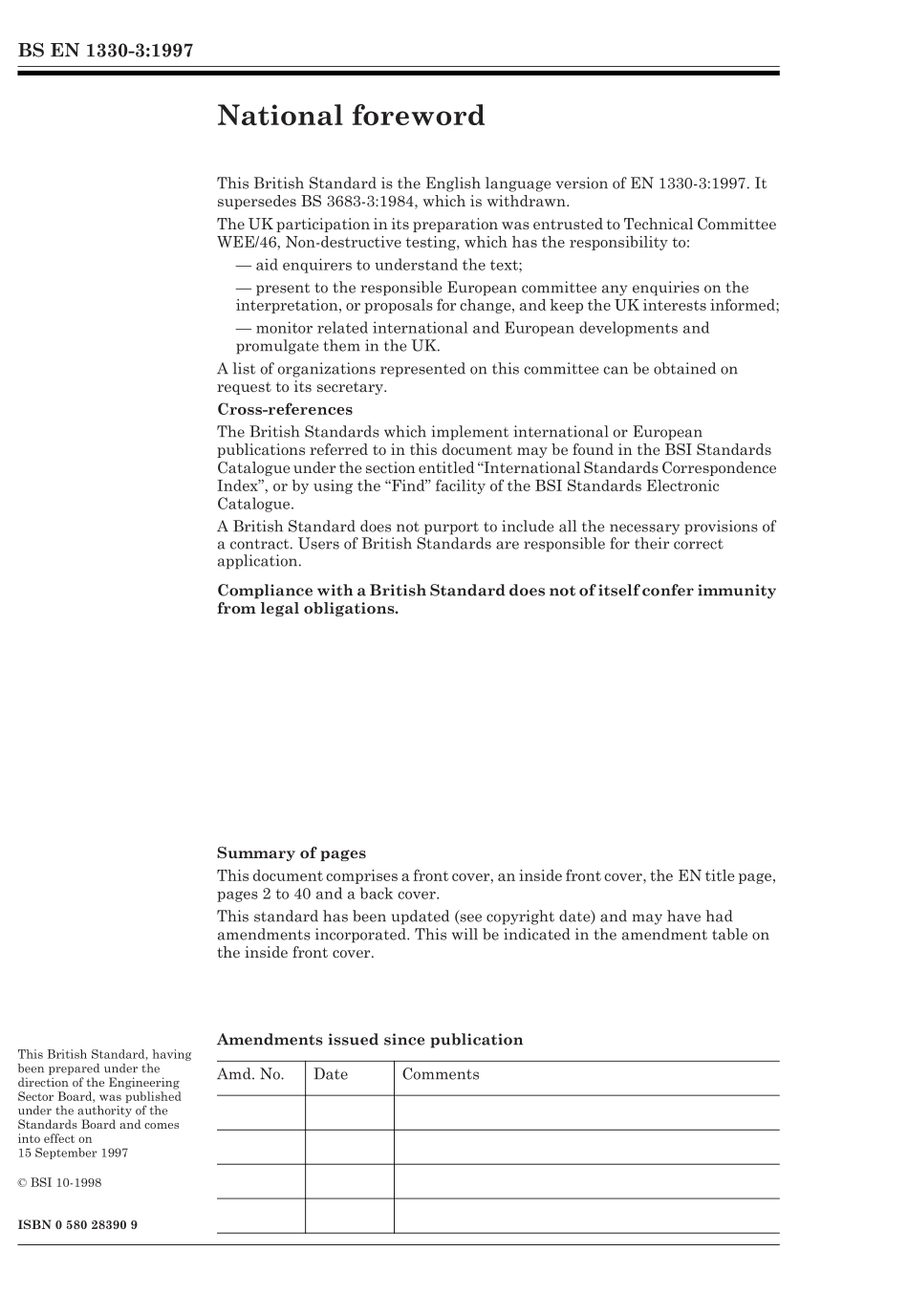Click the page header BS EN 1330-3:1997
point(105,51)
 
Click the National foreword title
point(351,116)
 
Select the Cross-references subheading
point(285,410)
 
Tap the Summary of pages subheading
point(292,853)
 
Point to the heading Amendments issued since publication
point(370,1040)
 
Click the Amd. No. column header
point(250,1075)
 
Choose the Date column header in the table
point(331,1075)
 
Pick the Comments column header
point(441,1075)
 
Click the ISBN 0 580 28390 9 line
point(77,1224)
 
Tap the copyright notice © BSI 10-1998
point(59,1183)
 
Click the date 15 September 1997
point(73,1153)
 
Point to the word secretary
point(351,387)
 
